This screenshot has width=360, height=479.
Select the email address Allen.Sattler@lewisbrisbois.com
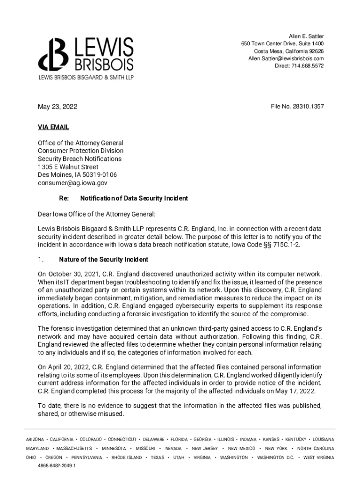click(286, 58)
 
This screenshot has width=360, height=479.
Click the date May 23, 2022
click(58, 107)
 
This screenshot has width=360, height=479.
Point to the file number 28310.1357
click(297, 107)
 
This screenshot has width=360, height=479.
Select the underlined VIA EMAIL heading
click(53, 127)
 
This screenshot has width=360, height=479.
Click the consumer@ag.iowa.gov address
click(72, 183)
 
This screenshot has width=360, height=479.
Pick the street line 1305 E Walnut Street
click(68, 167)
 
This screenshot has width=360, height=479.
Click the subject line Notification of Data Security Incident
click(134, 198)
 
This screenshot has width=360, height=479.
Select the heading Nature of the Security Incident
click(103, 260)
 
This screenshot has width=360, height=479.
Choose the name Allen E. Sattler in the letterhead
click(306, 36)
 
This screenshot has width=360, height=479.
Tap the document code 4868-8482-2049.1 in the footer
click(57, 466)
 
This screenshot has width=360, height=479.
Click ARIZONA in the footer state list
click(35, 440)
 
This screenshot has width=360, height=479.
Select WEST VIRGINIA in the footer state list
click(318, 457)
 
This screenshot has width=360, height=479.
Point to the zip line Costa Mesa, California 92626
click(289, 51)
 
